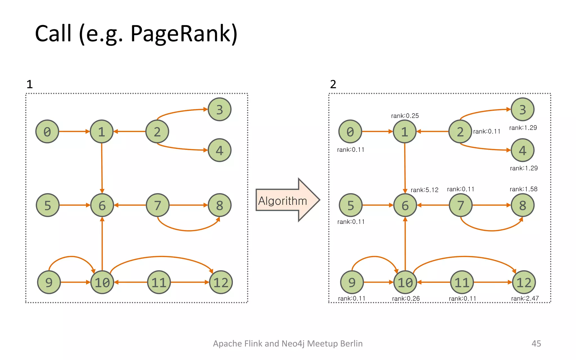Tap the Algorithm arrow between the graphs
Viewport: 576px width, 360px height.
point(284,200)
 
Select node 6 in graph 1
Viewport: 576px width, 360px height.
point(102,205)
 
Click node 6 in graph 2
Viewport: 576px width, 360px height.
point(405,205)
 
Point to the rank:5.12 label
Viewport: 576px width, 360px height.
point(424,190)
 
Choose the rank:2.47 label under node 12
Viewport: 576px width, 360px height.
point(525,298)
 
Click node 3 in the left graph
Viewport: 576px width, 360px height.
point(219,109)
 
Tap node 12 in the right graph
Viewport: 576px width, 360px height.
point(524,282)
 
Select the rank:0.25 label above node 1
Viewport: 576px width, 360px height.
point(405,116)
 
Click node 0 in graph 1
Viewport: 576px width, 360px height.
point(47,132)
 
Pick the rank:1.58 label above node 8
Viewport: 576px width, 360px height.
point(523,189)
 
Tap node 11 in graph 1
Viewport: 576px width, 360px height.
point(159,282)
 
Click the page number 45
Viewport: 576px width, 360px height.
point(536,343)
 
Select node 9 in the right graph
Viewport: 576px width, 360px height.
point(352,282)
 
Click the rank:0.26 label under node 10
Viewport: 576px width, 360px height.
point(406,298)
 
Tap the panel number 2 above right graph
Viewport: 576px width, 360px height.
point(333,84)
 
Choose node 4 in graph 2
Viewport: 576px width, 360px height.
point(522,150)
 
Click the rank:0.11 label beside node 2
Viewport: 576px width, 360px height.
point(487,132)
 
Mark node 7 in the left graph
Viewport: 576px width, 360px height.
point(158,205)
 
